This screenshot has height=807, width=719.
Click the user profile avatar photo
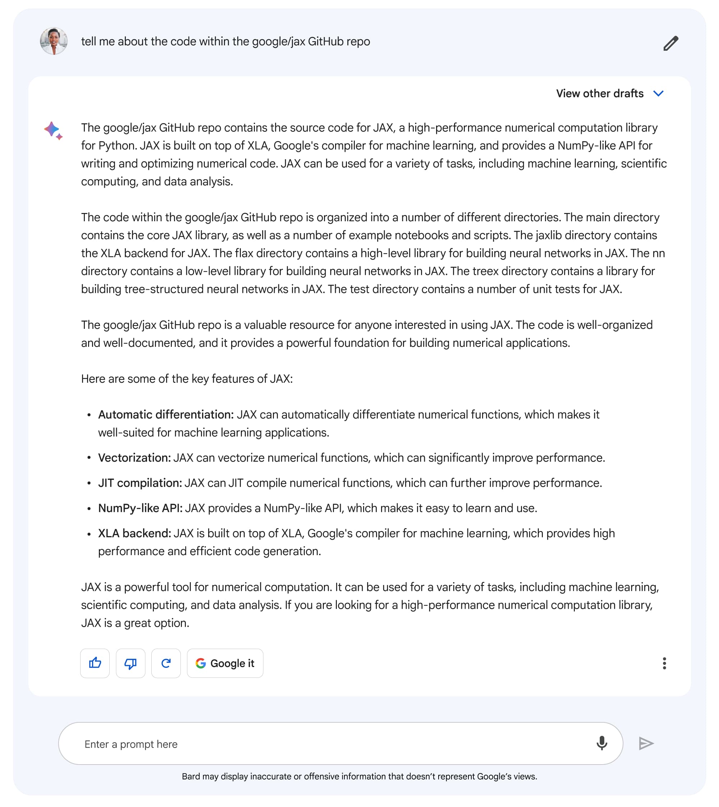click(x=54, y=41)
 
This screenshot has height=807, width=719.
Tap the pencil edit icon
click(x=670, y=43)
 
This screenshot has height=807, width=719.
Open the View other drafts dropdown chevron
click(x=658, y=94)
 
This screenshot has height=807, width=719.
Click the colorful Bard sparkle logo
click(x=53, y=131)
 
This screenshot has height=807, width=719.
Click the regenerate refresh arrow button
click(x=166, y=663)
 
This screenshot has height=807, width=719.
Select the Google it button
click(x=225, y=663)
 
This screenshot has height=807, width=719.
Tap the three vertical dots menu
click(x=664, y=663)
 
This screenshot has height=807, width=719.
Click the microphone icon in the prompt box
click(x=602, y=743)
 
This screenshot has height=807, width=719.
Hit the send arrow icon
click(x=646, y=743)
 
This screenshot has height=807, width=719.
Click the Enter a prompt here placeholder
click(x=131, y=744)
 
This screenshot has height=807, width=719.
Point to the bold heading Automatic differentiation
click(x=165, y=414)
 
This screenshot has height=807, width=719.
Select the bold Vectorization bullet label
click(x=134, y=458)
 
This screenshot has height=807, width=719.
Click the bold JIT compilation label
click(x=139, y=483)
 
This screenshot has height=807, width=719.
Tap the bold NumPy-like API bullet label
click(x=140, y=508)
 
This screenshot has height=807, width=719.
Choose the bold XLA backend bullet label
click(x=134, y=534)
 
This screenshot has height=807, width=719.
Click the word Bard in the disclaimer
click(x=191, y=776)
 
